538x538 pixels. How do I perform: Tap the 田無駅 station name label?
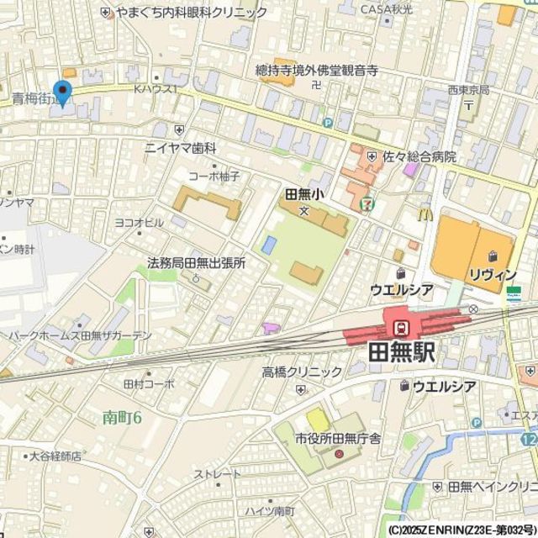coord(402,352)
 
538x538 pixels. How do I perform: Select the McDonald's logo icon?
coord(425,216)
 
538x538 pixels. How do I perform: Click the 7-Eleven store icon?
coord(367,203)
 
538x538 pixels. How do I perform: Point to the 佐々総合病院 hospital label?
coord(419,156)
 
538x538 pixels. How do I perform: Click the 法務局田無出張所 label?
coord(196,263)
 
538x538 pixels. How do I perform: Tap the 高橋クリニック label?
coord(295,372)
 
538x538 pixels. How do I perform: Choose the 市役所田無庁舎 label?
coord(338,439)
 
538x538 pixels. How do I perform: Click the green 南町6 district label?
coord(123,416)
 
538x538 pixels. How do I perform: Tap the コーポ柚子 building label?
coord(214,176)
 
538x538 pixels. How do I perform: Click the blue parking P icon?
coord(328,123)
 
